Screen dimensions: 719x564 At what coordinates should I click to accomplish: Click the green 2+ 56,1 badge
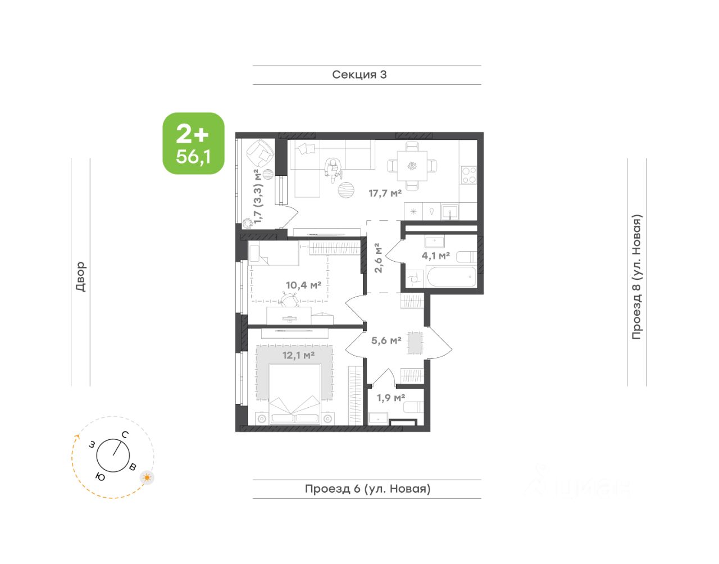pos(193,144)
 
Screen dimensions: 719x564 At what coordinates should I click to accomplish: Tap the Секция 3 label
pos(359,75)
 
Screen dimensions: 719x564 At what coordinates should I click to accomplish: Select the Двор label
pos(81,276)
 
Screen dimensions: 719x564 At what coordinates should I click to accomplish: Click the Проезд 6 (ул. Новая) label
pos(367,489)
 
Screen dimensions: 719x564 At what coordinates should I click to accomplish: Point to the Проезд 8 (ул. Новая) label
pos(637,277)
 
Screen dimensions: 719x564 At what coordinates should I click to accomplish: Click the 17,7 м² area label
pos(385,193)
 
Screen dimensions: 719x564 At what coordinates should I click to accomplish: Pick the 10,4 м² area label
pos(303,285)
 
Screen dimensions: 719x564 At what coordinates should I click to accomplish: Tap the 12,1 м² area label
pos(298,355)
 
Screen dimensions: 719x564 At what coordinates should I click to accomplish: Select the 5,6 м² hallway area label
pos(386,340)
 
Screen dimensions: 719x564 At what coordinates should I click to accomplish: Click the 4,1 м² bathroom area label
pos(435,256)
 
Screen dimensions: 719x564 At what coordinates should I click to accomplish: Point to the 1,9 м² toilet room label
pos(391,398)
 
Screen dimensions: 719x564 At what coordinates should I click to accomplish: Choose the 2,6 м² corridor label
pos(378,258)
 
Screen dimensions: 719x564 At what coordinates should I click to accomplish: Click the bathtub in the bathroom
pos(452,277)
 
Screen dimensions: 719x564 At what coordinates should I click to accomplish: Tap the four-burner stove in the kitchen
pos(469,175)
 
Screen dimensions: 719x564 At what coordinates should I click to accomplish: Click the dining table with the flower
pos(412,166)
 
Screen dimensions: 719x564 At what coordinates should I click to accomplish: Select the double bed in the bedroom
pos(295,394)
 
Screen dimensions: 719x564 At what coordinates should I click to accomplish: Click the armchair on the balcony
pos(260,153)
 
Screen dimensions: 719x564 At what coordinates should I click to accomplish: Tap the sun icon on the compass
pos(147,477)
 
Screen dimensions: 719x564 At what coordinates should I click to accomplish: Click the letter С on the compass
pos(125,435)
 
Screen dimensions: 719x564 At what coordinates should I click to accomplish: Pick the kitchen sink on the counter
pos(450,212)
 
